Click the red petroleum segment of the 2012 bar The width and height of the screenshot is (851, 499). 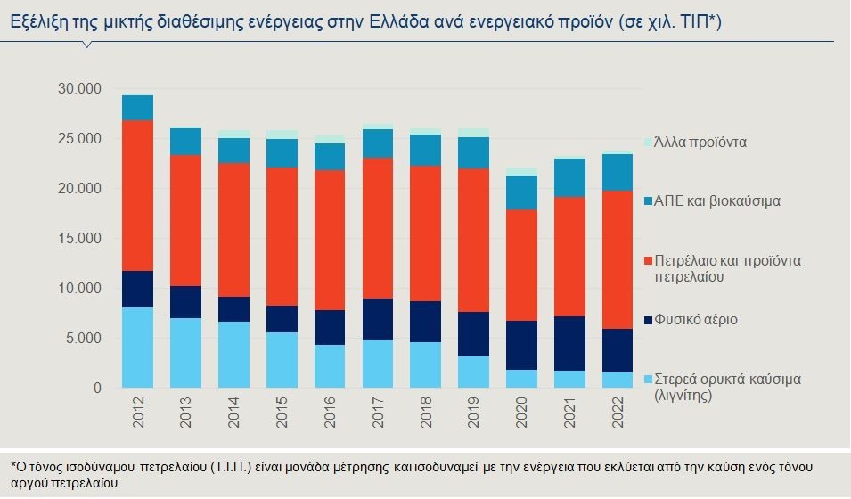coord(138,195)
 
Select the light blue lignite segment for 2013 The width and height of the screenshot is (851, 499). coord(186,353)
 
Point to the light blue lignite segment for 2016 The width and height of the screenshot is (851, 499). coord(329,365)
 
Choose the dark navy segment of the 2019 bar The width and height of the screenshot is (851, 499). coord(472,334)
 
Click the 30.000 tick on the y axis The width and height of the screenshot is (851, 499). coord(78,89)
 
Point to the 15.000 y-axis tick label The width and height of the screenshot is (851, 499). coord(78,239)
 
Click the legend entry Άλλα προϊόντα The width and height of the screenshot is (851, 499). coord(700,142)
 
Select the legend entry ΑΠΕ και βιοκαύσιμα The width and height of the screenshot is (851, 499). coord(716,200)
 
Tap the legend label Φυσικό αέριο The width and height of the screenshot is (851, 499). coord(696,319)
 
